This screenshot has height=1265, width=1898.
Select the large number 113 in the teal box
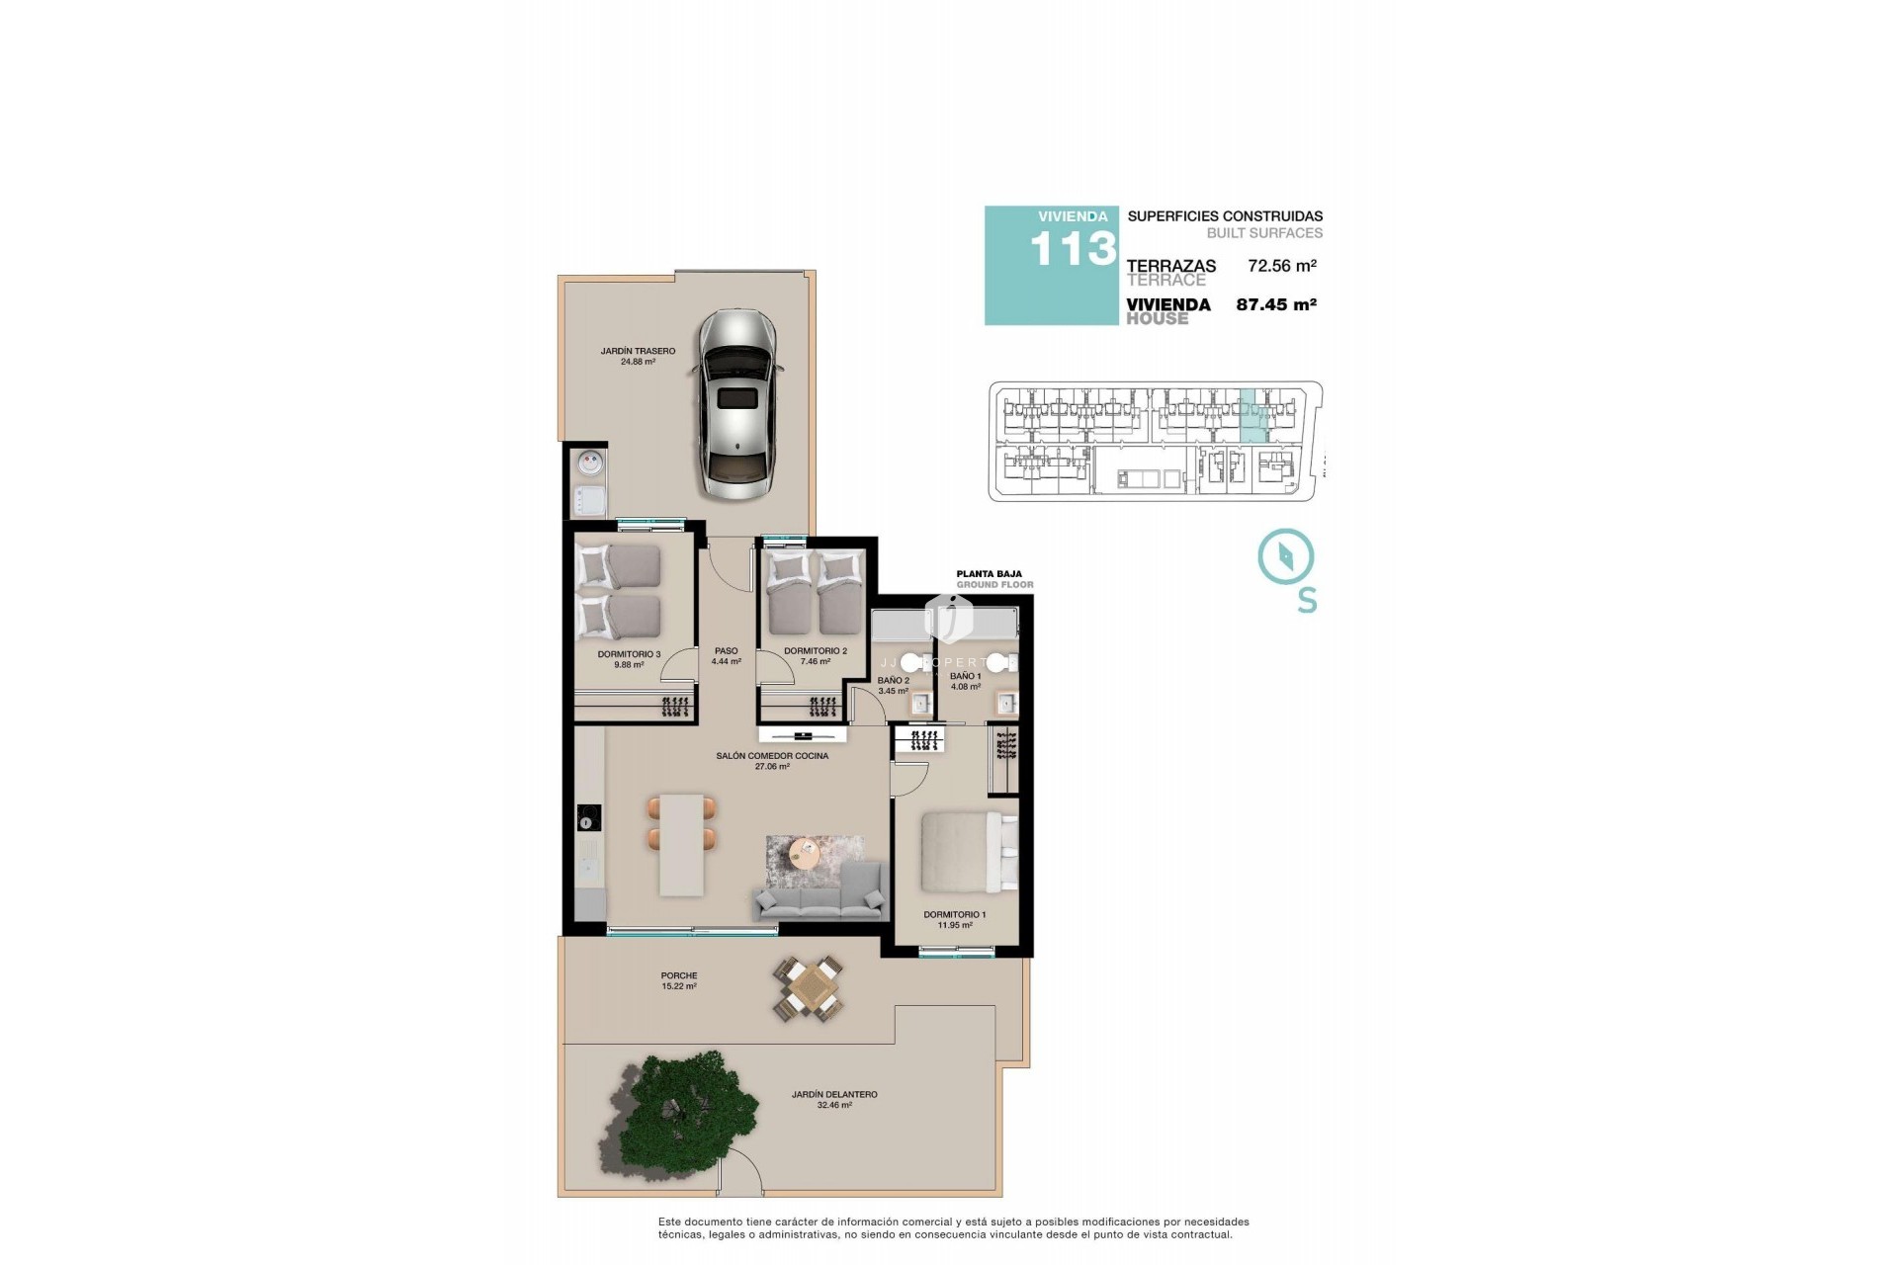point(1073,250)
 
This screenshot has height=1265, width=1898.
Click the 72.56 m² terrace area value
point(1282,266)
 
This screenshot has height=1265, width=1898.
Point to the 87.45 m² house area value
point(1276,305)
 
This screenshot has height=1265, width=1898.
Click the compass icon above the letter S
point(1285,556)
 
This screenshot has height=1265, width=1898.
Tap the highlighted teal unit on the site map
point(1252,416)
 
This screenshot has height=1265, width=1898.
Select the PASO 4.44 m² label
point(726,656)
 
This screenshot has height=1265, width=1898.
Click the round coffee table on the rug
point(806,851)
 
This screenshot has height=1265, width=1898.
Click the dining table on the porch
point(810,988)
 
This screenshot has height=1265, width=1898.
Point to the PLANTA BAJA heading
point(989,573)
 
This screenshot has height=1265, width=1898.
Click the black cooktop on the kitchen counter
point(589,817)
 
